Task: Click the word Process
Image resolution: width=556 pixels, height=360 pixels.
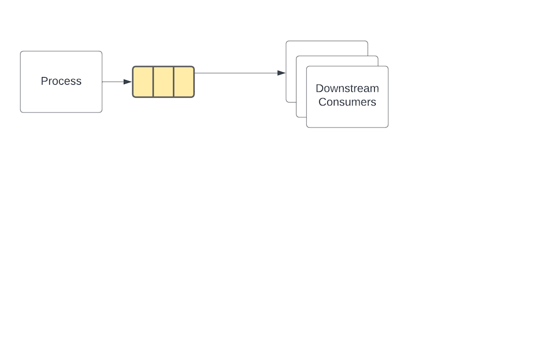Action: click(61, 81)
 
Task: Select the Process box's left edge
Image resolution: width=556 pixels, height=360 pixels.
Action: click(21, 81)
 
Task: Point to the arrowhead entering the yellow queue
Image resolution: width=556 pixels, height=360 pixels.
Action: click(128, 82)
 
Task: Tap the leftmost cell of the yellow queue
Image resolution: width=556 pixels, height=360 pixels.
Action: click(143, 82)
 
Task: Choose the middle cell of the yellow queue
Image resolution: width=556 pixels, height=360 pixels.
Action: click(163, 82)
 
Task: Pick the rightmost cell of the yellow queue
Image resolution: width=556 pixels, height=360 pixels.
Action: click(184, 82)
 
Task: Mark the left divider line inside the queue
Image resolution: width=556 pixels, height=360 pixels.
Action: click(153, 82)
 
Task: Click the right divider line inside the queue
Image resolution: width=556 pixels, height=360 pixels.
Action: click(174, 82)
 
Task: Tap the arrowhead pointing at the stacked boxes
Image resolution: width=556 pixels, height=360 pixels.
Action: click(281, 73)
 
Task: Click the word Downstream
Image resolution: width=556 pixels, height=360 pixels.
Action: click(347, 89)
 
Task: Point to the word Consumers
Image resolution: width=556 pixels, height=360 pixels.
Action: click(347, 102)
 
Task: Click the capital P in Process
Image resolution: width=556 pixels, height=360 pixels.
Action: click(44, 81)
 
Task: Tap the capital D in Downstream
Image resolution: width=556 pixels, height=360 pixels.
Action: click(319, 89)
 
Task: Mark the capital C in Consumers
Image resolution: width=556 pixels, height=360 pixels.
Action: click(322, 102)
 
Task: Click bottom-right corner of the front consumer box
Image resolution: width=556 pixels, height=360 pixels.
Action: click(387, 127)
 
